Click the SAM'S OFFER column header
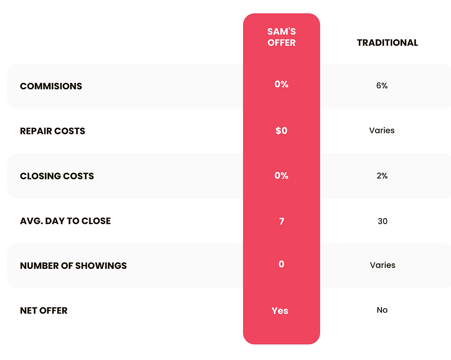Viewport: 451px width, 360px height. tap(281, 37)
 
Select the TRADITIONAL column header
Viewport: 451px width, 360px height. tap(387, 43)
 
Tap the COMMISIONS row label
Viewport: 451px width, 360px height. tap(51, 86)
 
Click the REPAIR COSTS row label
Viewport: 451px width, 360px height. tap(52, 131)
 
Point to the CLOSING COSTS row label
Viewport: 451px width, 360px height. tap(57, 176)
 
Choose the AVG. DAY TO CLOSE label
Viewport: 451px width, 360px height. tap(65, 221)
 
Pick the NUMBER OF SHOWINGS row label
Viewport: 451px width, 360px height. tap(73, 266)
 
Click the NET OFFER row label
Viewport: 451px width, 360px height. tap(44, 310)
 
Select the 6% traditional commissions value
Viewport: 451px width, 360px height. tap(382, 86)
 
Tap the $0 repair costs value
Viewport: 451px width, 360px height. tap(281, 131)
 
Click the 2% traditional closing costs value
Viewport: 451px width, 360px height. tap(382, 175)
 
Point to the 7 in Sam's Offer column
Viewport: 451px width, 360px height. tap(282, 221)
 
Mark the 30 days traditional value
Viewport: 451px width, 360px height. tap(382, 221)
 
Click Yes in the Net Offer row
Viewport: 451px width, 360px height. tap(280, 311)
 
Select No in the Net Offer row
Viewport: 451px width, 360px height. tap(382, 310)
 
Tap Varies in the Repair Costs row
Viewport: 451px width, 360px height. tap(382, 130)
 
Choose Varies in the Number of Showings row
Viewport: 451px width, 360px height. tap(382, 265)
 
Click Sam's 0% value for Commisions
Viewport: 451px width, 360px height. tap(281, 84)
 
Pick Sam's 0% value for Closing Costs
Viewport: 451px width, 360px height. tap(281, 175)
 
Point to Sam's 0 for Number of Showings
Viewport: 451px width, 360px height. tap(281, 264)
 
